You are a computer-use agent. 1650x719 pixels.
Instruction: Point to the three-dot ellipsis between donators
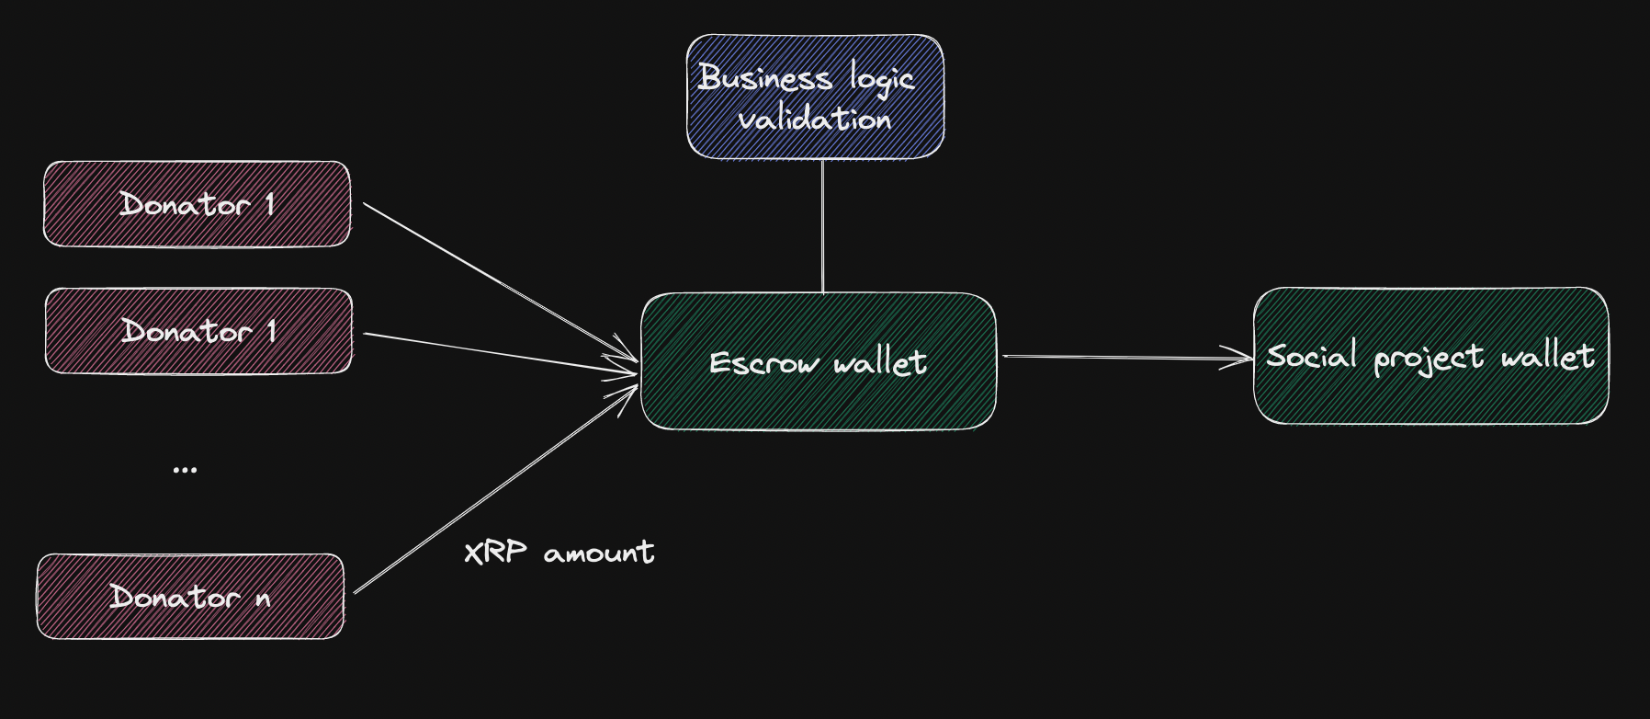[x=185, y=470]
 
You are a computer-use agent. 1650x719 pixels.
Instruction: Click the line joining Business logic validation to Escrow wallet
[x=822, y=226]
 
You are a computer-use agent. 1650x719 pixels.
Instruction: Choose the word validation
[x=815, y=119]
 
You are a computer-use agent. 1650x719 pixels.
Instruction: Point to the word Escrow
[x=764, y=362]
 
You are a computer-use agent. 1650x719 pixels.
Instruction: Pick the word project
[x=1429, y=357]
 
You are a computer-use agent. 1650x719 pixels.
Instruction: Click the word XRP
[x=495, y=553]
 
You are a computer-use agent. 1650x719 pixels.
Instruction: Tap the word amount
[x=599, y=554]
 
